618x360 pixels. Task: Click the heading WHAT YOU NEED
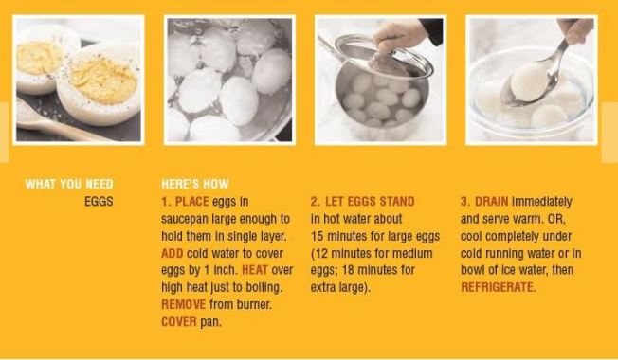[x=69, y=185]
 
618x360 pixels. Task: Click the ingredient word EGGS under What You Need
[x=99, y=202]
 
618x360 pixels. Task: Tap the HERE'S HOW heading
[x=195, y=185]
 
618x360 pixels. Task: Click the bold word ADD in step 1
[x=172, y=254]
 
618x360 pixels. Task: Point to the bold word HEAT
[x=255, y=271]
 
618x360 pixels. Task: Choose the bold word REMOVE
[x=183, y=305]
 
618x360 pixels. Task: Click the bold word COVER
[x=178, y=322]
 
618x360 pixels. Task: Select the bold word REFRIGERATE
[x=498, y=288]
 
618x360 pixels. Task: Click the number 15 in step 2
[x=318, y=237]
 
